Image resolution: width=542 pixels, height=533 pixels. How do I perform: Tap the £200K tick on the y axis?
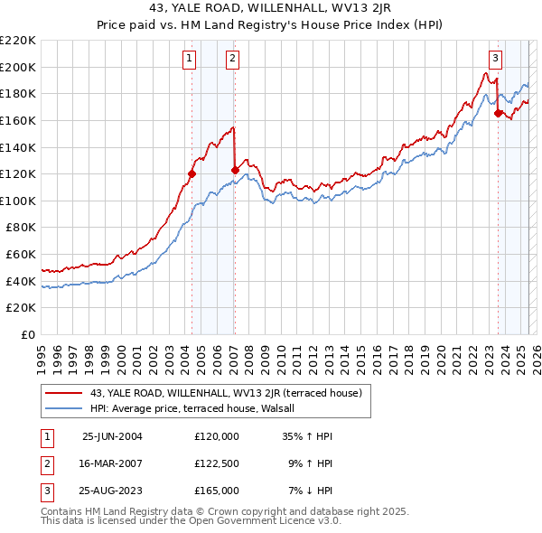(x=18, y=67)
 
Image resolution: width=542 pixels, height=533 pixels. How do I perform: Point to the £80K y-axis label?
(x=21, y=228)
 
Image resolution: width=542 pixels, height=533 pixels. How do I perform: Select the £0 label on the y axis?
(x=29, y=335)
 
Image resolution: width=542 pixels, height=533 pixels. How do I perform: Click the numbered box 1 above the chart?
(x=190, y=60)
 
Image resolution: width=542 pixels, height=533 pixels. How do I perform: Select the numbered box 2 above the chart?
(x=232, y=60)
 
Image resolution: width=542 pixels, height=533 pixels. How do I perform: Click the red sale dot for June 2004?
(x=192, y=173)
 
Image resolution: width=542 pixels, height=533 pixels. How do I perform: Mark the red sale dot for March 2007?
(x=235, y=170)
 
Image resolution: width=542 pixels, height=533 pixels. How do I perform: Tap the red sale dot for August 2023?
(x=498, y=113)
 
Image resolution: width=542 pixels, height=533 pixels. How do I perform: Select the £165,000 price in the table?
(x=217, y=491)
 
